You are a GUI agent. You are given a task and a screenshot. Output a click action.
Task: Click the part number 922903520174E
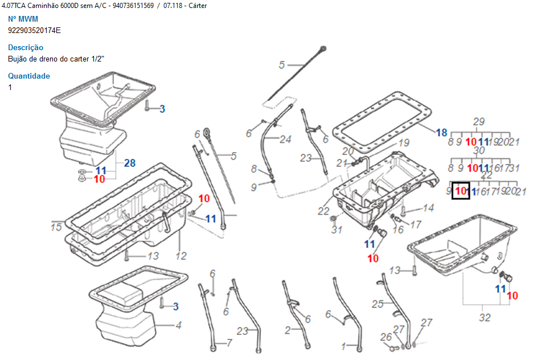pyautogui.click(x=34, y=30)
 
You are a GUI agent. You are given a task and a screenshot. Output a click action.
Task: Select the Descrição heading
pyautogui.click(x=26, y=48)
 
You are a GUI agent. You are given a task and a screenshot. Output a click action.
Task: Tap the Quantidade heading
pyautogui.click(x=29, y=76)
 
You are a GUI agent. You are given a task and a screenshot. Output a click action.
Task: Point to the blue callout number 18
pyautogui.click(x=442, y=133)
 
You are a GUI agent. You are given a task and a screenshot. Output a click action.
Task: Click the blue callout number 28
pyautogui.click(x=130, y=163)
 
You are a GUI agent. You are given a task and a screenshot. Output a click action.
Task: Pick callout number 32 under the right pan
pyautogui.click(x=485, y=318)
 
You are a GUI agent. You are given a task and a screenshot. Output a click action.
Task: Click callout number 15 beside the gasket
pyautogui.click(x=56, y=227)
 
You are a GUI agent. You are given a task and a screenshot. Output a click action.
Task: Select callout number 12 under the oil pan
pyautogui.click(x=181, y=256)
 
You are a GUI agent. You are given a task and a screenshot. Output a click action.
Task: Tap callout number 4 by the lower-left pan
pyautogui.click(x=178, y=326)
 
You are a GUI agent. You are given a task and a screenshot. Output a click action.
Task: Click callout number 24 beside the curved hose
pyautogui.click(x=285, y=139)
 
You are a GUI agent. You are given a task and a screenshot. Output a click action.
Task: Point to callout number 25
pyautogui.click(x=378, y=304)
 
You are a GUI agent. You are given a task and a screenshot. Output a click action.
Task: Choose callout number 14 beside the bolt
pyautogui.click(x=428, y=208)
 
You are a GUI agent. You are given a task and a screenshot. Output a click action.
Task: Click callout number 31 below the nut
pyautogui.click(x=337, y=230)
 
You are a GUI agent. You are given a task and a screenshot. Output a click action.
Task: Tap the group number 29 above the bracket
pyautogui.click(x=478, y=121)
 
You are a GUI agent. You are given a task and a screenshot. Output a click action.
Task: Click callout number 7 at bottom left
pyautogui.click(x=229, y=343)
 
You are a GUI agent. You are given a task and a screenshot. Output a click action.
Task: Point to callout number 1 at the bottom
pyautogui.click(x=344, y=346)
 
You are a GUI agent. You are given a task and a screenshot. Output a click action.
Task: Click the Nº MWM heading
pyautogui.click(x=23, y=19)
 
